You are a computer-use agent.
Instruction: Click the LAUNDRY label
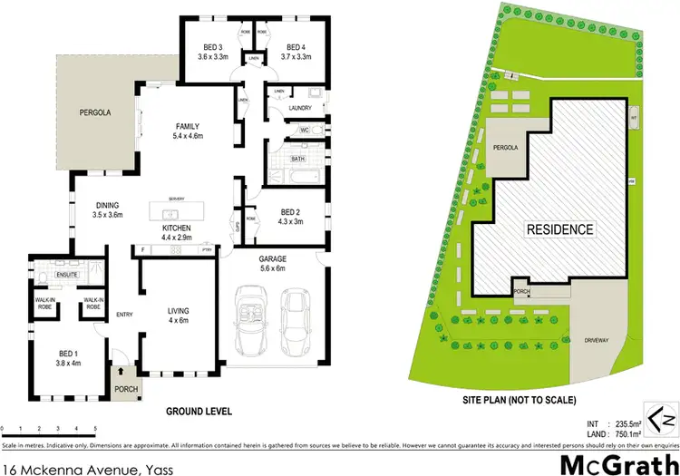click(299, 108)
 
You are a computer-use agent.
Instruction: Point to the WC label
click(306, 131)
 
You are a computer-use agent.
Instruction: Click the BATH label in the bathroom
click(297, 159)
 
